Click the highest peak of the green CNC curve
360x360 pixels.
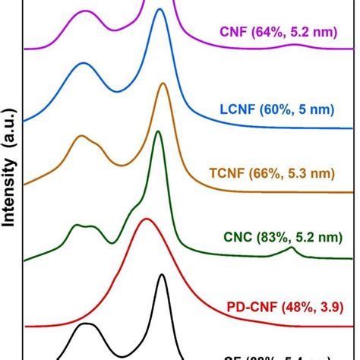click(158, 132)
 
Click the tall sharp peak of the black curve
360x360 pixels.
click(161, 276)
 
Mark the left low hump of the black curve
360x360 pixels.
click(86, 324)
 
